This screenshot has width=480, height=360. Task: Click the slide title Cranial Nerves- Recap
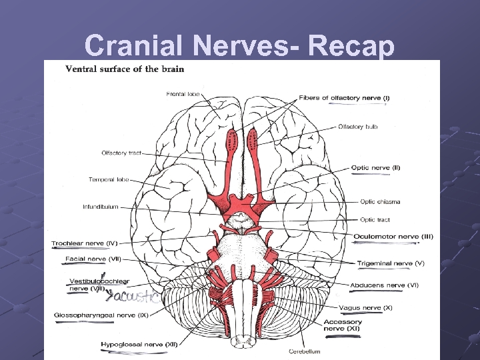(240, 45)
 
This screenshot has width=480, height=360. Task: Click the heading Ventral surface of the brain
(125, 69)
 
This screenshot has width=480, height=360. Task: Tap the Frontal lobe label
(183, 94)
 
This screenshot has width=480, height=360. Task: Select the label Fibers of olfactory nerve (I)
(345, 98)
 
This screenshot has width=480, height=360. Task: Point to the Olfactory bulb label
(358, 127)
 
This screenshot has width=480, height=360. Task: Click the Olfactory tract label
(122, 153)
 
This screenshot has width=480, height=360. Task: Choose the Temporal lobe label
(109, 179)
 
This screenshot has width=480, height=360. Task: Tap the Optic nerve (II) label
(375, 167)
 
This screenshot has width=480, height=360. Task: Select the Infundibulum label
(100, 207)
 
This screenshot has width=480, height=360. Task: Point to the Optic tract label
(375, 219)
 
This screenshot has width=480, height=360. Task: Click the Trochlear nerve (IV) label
(85, 243)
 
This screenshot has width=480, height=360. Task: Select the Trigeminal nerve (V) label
(390, 263)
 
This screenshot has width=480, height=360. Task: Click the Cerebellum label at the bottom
(305, 351)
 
